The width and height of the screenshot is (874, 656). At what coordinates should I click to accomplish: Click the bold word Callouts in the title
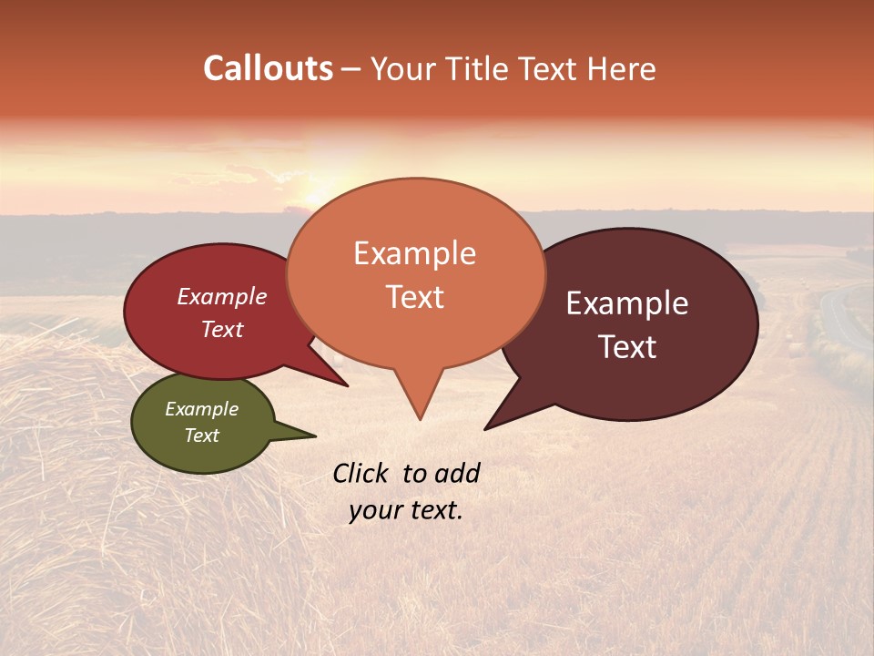point(268,68)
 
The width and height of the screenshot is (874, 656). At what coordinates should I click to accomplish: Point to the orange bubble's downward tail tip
point(420,418)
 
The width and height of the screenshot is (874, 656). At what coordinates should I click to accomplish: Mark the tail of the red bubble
point(342,383)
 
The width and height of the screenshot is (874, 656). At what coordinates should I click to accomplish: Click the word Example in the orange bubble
point(414,253)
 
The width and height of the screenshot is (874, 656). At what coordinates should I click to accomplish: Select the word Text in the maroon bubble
point(627,347)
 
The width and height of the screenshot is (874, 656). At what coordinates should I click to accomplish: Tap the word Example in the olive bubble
point(201,409)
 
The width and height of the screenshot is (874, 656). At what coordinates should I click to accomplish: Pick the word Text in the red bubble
point(222,329)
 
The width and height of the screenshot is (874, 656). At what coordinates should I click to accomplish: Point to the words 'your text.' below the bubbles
point(405,510)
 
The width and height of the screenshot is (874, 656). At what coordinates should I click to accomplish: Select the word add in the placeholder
point(456,473)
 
